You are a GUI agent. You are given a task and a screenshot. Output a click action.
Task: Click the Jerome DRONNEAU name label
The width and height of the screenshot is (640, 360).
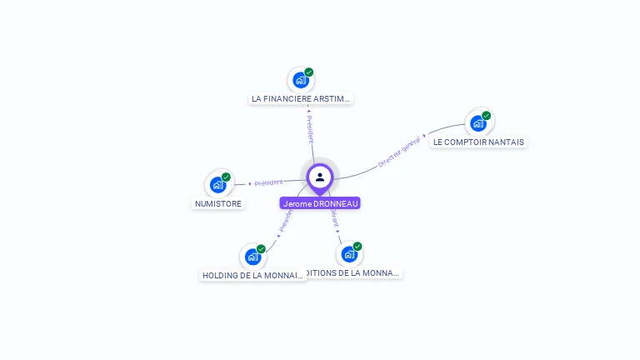tap(320, 203)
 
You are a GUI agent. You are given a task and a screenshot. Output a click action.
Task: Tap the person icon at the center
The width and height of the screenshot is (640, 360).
tap(320, 177)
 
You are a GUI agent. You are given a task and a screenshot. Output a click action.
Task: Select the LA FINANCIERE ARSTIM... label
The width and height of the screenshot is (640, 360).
tap(302, 98)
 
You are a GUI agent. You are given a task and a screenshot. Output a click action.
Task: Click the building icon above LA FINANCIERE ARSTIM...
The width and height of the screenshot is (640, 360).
tap(300, 81)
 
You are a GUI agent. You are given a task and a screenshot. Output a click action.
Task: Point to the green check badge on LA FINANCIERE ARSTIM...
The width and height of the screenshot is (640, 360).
tap(309, 72)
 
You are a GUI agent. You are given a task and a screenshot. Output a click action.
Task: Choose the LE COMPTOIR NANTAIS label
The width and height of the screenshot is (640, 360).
tap(478, 142)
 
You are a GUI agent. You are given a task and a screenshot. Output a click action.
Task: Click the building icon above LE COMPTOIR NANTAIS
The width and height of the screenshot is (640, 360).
tap(477, 123)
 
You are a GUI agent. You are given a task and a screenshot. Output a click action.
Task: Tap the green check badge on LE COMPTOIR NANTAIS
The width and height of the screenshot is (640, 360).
tap(487, 116)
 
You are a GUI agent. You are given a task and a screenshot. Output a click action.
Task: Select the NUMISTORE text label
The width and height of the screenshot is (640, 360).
tap(218, 203)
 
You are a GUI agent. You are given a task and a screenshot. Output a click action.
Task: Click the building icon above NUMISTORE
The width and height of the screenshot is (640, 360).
tap(217, 185)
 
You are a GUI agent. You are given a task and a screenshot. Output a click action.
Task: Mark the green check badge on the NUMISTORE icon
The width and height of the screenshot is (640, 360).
tap(226, 177)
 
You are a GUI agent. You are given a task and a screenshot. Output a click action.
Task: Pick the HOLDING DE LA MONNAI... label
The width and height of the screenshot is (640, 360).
tap(253, 275)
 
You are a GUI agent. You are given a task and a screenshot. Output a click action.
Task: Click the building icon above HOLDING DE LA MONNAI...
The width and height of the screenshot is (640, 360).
tap(252, 257)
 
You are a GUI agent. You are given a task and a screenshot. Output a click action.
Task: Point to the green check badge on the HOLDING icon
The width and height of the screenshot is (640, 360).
tap(261, 249)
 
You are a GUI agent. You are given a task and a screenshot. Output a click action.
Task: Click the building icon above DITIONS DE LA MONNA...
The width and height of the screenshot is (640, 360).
tap(349, 254)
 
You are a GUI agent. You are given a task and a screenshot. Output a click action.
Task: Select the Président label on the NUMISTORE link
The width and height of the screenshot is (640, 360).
tap(268, 182)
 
